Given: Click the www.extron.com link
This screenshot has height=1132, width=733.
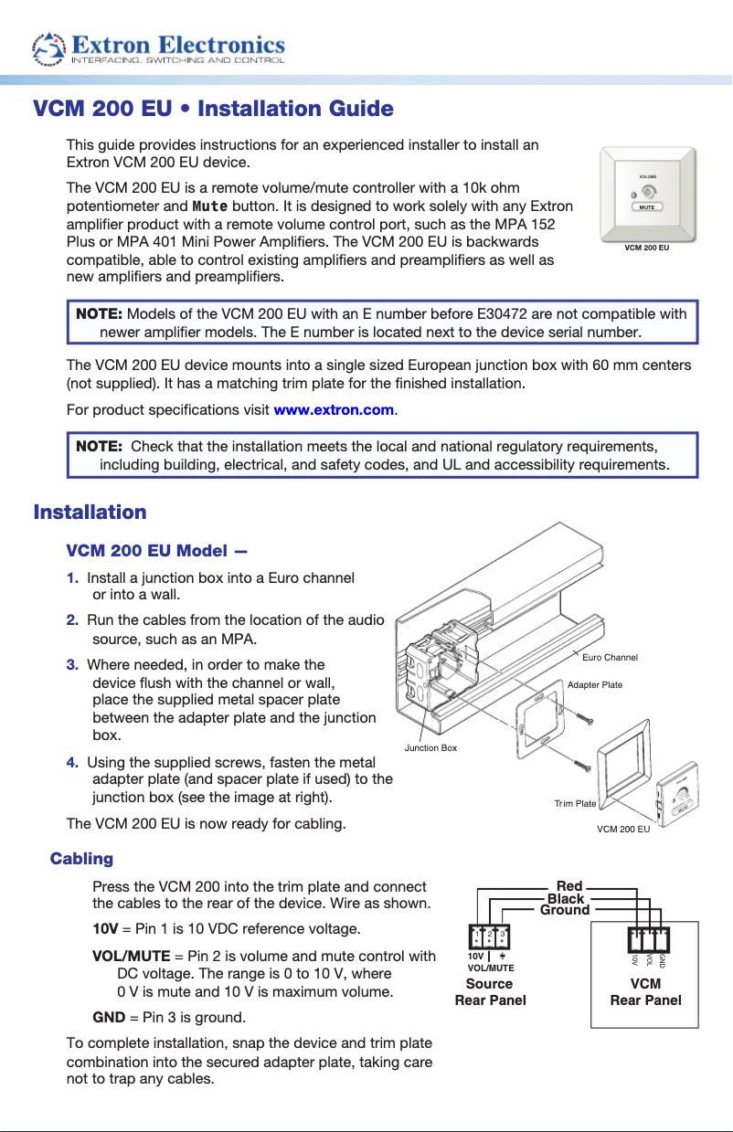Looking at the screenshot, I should pos(334,410).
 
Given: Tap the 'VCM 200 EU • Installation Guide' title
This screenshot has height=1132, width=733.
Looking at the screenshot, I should pos(213,110).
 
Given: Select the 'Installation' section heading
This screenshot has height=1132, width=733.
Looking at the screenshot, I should pos(90,512).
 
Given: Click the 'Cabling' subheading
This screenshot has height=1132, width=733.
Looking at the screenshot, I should pos(81,859).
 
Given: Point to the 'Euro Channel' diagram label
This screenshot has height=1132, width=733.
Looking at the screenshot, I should pos(610,658).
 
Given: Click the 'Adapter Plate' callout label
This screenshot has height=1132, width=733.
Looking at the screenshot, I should pos(595,684).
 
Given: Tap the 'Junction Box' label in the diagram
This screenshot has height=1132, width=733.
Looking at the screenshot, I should pos(430,748).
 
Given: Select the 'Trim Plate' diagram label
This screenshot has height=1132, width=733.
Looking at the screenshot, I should pos(575,804).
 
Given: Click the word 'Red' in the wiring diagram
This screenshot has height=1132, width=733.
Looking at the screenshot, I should pos(569,886).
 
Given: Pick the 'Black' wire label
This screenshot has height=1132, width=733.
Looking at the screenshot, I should pos(566,898).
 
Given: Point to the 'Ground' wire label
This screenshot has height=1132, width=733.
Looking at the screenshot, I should pos(565,910).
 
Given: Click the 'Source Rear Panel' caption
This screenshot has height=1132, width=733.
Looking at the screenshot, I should pos(490,991).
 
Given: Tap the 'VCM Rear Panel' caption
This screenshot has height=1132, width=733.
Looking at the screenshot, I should pos(645,991).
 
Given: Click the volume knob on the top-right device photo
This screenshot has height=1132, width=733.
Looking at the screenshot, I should pos(648,192).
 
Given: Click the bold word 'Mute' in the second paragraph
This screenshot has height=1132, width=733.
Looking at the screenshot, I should pos(211,206).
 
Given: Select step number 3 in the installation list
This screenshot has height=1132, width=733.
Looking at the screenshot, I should pos(71,664).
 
